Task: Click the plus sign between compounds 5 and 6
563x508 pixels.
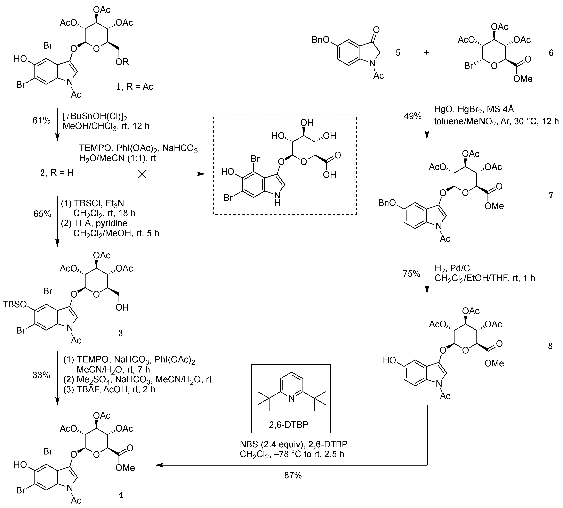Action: (x=426, y=52)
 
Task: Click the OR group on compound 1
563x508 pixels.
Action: (x=122, y=62)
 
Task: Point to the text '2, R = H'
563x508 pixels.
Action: (x=57, y=173)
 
